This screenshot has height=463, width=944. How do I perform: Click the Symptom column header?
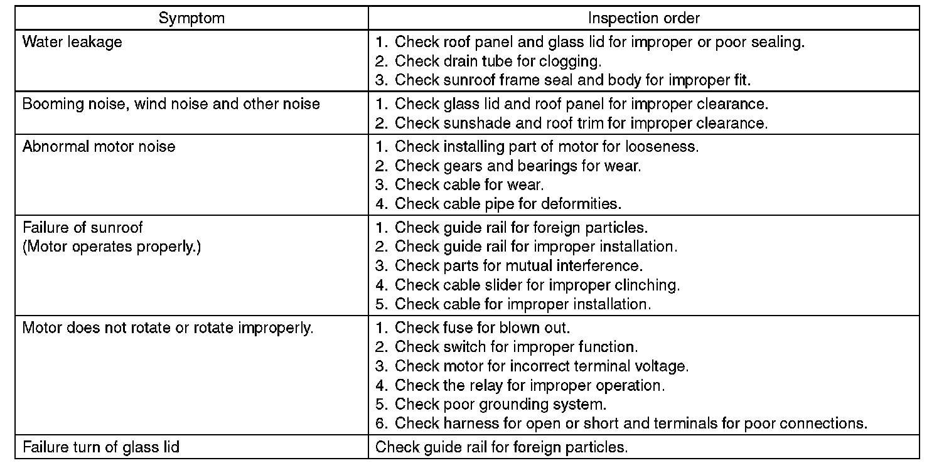point(191,18)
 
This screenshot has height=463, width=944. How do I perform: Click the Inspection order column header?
point(643,18)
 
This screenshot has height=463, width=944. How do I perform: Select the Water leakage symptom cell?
point(72,43)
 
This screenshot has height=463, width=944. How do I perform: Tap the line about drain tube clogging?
point(488,61)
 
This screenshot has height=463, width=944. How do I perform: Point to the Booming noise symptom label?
point(171,104)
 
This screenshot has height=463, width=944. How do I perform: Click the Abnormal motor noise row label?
point(99,147)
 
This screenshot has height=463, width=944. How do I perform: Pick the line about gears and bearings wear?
point(508,166)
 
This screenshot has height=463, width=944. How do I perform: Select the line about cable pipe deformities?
point(498,203)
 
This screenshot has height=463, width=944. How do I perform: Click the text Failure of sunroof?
point(83,227)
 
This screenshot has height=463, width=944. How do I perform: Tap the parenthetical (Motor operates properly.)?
point(112,247)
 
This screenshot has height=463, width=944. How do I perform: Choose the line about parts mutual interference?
point(509,265)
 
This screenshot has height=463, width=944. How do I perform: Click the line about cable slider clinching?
point(527,285)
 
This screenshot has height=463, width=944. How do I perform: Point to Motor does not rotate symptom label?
point(168,328)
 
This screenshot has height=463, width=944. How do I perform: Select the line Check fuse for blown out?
point(473,328)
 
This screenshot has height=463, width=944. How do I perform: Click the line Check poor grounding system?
point(491,404)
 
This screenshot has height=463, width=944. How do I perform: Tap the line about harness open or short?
point(621,423)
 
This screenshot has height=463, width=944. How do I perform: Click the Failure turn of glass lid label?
point(100,447)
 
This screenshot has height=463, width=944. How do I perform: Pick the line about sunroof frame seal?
point(562,80)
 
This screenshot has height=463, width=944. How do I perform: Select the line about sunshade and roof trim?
point(571,123)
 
